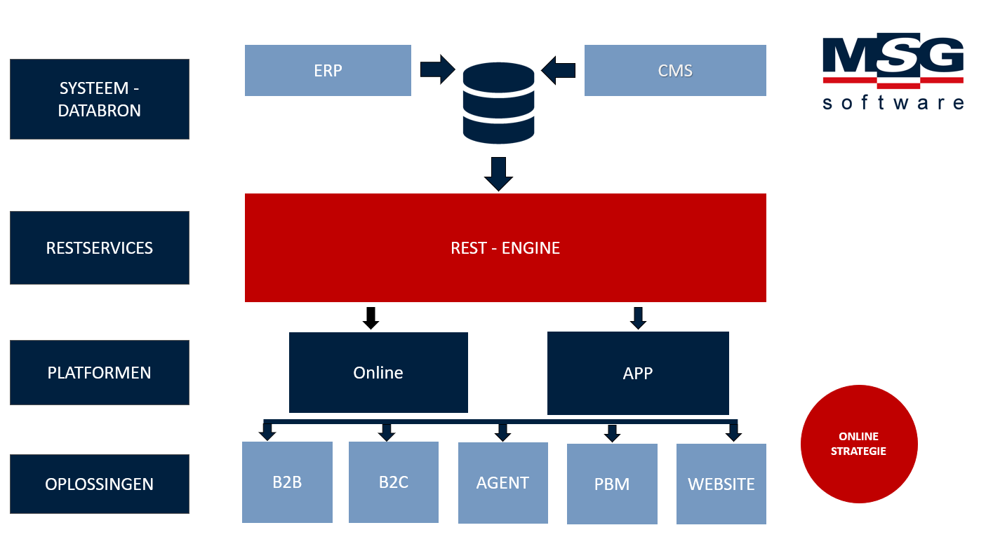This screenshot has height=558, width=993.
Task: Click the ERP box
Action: point(328,71)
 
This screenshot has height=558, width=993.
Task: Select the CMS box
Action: point(675,71)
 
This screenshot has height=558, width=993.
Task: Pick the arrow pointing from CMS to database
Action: point(559,69)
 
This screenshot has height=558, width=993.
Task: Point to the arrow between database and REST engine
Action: point(498,174)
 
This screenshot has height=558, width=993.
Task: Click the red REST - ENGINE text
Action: point(505,248)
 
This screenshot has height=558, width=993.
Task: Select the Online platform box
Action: point(378,372)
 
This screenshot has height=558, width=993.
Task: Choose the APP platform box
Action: point(638,373)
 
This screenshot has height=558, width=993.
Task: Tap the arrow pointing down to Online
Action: point(371,318)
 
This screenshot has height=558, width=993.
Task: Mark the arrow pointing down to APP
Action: point(638,318)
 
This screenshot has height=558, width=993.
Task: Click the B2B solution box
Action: point(287,482)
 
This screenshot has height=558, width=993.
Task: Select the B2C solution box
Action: point(394,482)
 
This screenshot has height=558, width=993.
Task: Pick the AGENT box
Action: point(502,483)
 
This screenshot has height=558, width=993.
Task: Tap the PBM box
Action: point(612,484)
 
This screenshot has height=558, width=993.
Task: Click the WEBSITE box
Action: point(721,484)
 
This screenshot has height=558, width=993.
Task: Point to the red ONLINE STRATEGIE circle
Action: point(859,444)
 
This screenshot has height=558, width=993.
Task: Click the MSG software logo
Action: point(893,74)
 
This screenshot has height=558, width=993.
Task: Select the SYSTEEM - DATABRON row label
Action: point(100,100)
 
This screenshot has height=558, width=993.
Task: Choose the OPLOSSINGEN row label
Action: point(100,484)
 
